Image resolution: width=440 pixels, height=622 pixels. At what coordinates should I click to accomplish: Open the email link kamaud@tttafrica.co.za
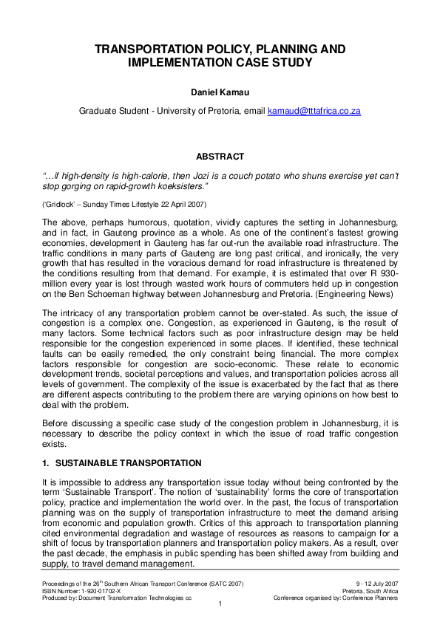[314, 110]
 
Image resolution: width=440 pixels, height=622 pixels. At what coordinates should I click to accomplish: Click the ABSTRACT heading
[220, 157]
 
